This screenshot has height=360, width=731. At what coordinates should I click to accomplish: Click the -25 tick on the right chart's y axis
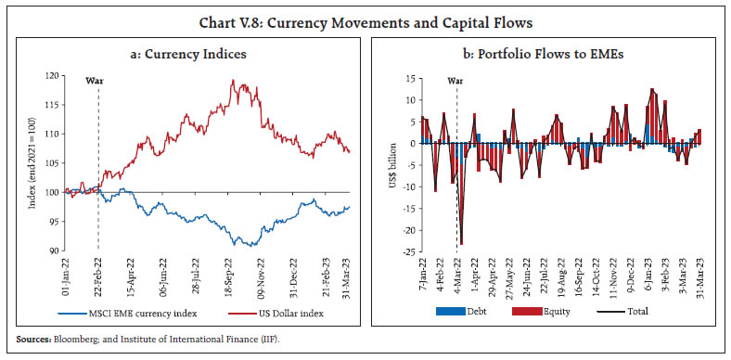[406, 252]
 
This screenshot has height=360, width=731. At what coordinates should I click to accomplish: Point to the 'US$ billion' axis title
[391, 163]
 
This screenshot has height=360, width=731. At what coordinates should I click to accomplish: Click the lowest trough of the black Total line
[461, 244]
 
